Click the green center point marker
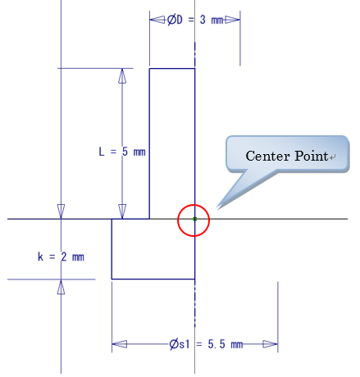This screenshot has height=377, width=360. (x=194, y=219)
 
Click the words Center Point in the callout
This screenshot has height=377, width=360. (x=287, y=156)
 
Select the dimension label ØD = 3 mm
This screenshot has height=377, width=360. (x=195, y=20)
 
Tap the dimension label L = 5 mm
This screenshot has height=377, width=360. (x=122, y=152)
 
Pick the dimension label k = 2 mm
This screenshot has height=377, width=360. (x=61, y=257)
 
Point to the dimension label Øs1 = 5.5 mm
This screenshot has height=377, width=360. (x=206, y=344)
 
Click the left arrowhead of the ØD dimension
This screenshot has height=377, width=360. (x=157, y=20)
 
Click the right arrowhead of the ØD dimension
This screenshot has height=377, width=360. (x=232, y=20)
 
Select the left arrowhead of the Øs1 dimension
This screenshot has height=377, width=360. (x=120, y=344)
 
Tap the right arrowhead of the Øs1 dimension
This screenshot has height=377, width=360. (x=270, y=344)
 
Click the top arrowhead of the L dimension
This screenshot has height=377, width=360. (x=122, y=76)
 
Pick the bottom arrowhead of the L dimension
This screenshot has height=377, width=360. (x=122, y=211)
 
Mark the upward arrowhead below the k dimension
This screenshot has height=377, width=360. (x=61, y=287)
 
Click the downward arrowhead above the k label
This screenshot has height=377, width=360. (x=61, y=211)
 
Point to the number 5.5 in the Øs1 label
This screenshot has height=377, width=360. (x=216, y=344)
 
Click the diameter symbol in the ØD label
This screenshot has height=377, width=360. (x=171, y=20)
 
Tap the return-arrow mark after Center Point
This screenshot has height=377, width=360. (x=332, y=157)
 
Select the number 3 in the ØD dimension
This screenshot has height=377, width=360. (x=203, y=20)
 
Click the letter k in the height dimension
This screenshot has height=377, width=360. (x=40, y=257)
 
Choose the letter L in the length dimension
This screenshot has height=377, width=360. (x=102, y=152)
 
